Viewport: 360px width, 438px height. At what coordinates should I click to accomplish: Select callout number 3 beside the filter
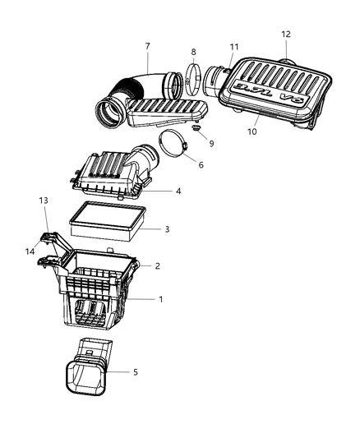pyautogui.click(x=167, y=228)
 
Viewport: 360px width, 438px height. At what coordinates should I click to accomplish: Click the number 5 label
pyautogui.click(x=136, y=372)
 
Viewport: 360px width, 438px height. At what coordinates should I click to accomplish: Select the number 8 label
pyautogui.click(x=193, y=52)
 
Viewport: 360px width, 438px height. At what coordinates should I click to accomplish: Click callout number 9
pyautogui.click(x=211, y=143)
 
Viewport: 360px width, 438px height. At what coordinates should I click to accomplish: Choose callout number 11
pyautogui.click(x=234, y=47)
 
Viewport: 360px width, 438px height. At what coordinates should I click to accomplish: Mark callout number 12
pyautogui.click(x=286, y=35)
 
